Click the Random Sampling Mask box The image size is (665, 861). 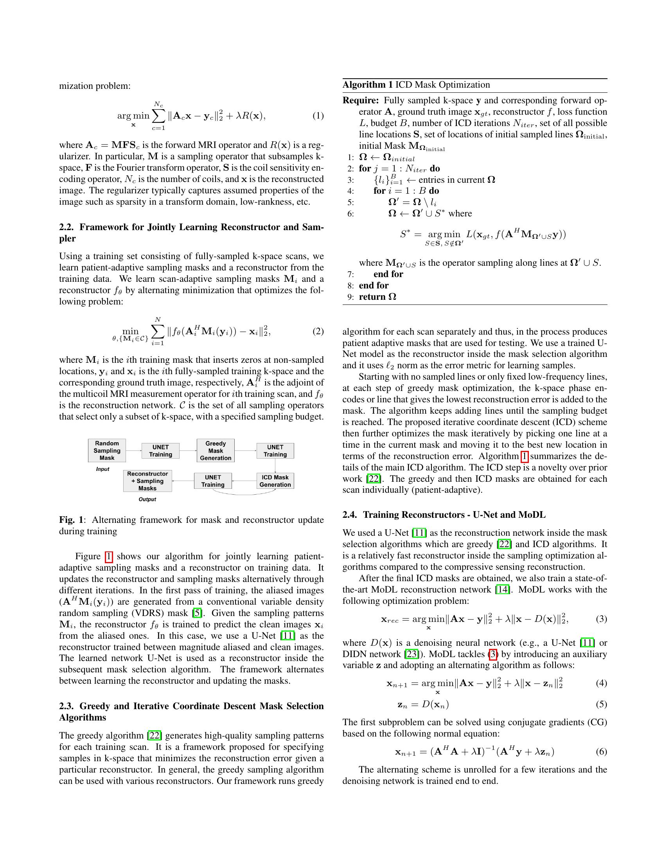click(x=107, y=450)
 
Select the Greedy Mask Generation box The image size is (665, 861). click(x=216, y=450)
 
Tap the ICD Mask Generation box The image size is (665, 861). click(x=275, y=481)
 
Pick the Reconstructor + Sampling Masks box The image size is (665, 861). click(x=147, y=481)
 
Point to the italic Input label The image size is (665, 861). click(x=102, y=469)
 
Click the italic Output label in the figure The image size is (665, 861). click(x=147, y=499)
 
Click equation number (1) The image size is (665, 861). click(x=318, y=116)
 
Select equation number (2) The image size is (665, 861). click(x=318, y=331)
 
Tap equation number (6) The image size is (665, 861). click(x=601, y=751)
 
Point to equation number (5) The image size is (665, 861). click(x=601, y=704)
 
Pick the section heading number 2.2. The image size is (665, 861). click(x=66, y=227)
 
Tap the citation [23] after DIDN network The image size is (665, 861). click(x=412, y=654)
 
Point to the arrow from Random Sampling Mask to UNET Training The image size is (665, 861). click(x=133, y=450)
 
